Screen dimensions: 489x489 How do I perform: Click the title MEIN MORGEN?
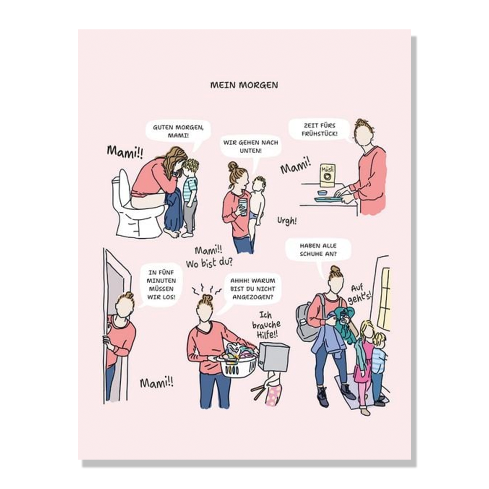click(x=244, y=85)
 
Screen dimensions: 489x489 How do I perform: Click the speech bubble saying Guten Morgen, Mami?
click(x=178, y=132)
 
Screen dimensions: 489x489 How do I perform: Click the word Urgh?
click(x=287, y=221)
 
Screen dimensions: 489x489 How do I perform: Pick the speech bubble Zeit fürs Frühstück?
click(x=319, y=130)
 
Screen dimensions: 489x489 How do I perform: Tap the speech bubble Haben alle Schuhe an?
click(x=318, y=250)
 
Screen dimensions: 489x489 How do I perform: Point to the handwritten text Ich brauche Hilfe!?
click(x=266, y=325)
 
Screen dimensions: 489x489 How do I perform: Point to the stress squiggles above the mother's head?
click(x=206, y=289)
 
